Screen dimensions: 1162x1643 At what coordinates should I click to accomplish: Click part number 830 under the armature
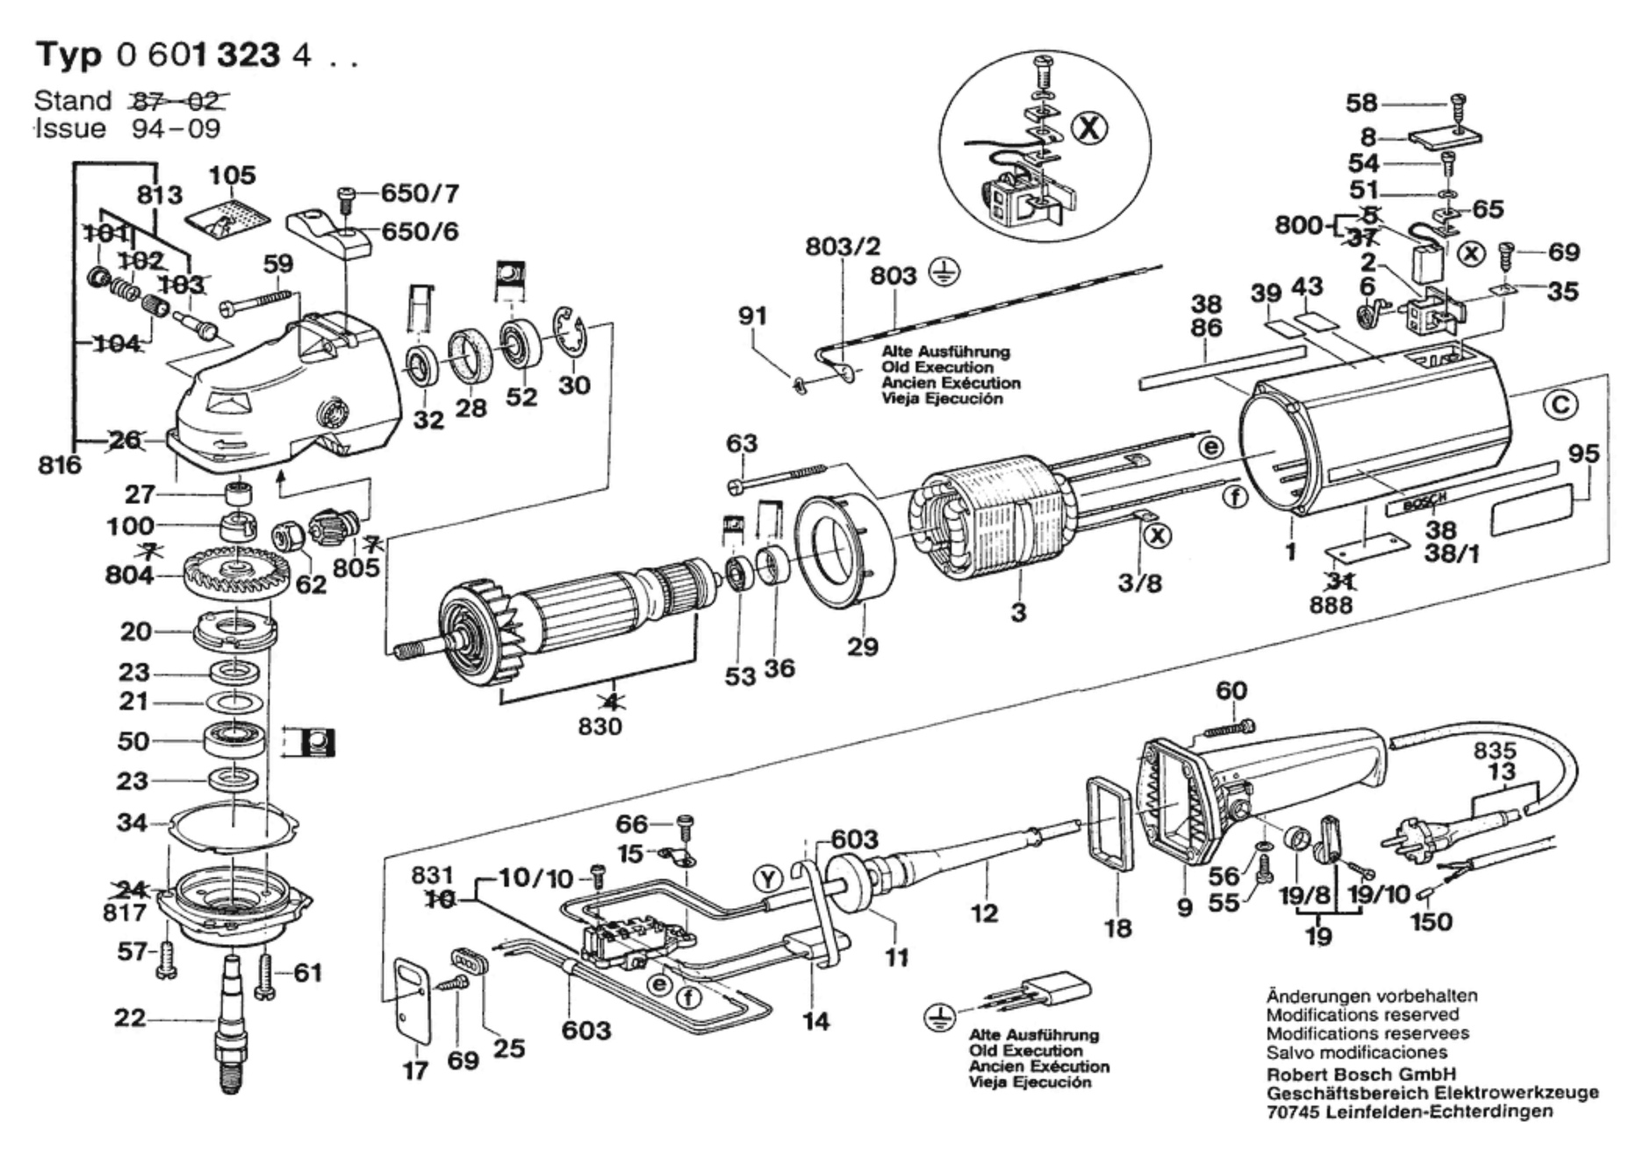click(x=599, y=727)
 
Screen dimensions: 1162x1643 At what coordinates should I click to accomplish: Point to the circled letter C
click(x=1560, y=405)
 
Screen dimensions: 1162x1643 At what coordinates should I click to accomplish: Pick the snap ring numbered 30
click(x=571, y=336)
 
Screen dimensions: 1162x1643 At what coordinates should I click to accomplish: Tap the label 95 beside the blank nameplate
click(x=1584, y=455)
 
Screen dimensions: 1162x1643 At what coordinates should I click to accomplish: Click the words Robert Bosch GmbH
click(x=1361, y=1074)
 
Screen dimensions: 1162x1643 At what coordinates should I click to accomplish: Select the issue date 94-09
click(x=176, y=129)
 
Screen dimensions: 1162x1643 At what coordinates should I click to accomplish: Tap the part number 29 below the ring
click(x=862, y=647)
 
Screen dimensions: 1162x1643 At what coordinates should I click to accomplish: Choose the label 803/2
click(x=843, y=247)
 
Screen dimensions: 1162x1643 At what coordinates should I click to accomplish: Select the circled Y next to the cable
click(x=769, y=879)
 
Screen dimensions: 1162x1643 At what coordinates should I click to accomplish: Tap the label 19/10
click(x=1379, y=894)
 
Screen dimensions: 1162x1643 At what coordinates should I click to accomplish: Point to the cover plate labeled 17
click(x=411, y=1001)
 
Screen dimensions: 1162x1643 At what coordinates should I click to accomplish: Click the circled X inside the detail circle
click(x=1089, y=130)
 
